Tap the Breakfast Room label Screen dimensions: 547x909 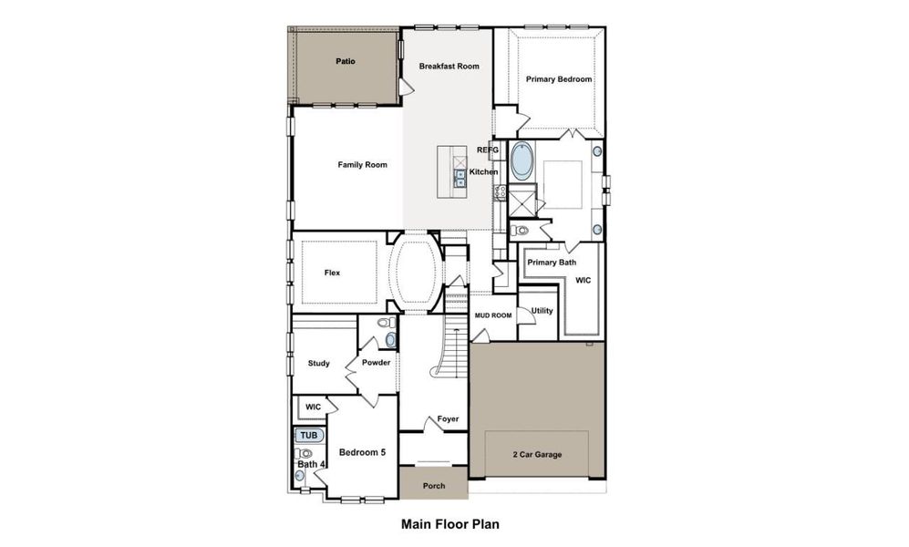[x=449, y=67]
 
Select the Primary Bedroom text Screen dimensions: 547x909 [x=558, y=79]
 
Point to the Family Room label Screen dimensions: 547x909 [x=362, y=165]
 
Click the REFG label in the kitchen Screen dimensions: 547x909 [x=488, y=150]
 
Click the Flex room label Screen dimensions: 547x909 [x=332, y=273]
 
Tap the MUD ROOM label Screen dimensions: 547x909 [x=492, y=315]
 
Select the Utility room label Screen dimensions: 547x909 [x=542, y=311]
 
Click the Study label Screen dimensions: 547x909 [x=318, y=363]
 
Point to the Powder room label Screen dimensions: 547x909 [x=376, y=363]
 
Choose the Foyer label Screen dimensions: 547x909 [x=447, y=419]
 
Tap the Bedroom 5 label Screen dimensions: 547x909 [x=363, y=452]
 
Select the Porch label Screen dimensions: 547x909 [x=434, y=486]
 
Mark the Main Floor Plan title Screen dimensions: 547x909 [x=449, y=524]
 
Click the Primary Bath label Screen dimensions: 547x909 [x=552, y=263]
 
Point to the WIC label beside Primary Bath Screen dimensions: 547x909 [x=584, y=280]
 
